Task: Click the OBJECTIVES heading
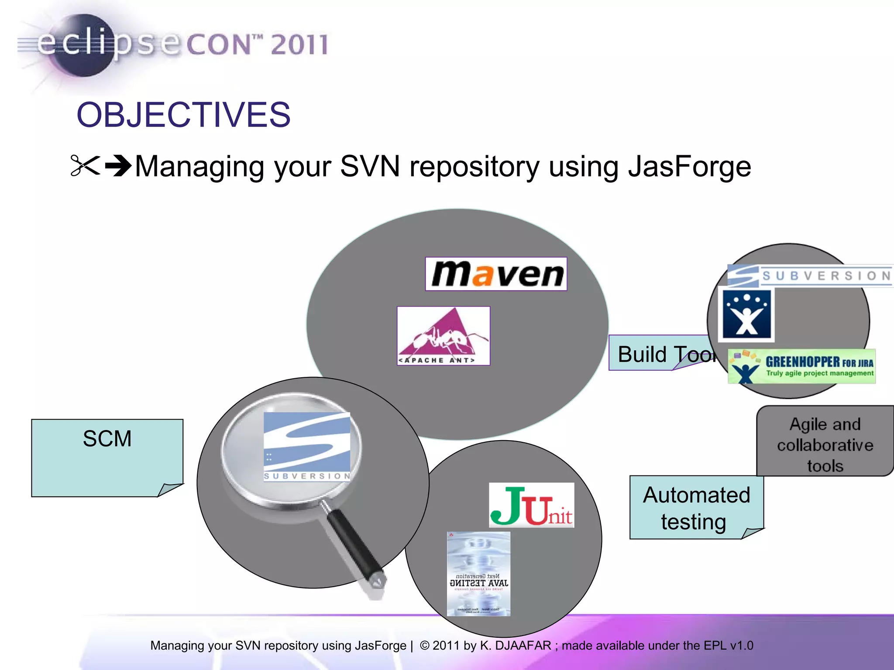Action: point(183,115)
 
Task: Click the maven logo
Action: point(496,274)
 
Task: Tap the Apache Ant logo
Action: point(443,336)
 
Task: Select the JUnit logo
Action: point(531,506)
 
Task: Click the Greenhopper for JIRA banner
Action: point(801,367)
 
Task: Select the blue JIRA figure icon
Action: point(747,314)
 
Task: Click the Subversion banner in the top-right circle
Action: point(810,276)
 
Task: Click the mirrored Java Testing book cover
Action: point(478,573)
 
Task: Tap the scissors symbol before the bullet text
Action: point(85,166)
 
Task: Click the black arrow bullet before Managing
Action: point(118,166)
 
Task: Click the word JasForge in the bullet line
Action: point(689,167)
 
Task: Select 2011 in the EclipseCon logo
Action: point(299,44)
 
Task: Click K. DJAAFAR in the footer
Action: point(516,645)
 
